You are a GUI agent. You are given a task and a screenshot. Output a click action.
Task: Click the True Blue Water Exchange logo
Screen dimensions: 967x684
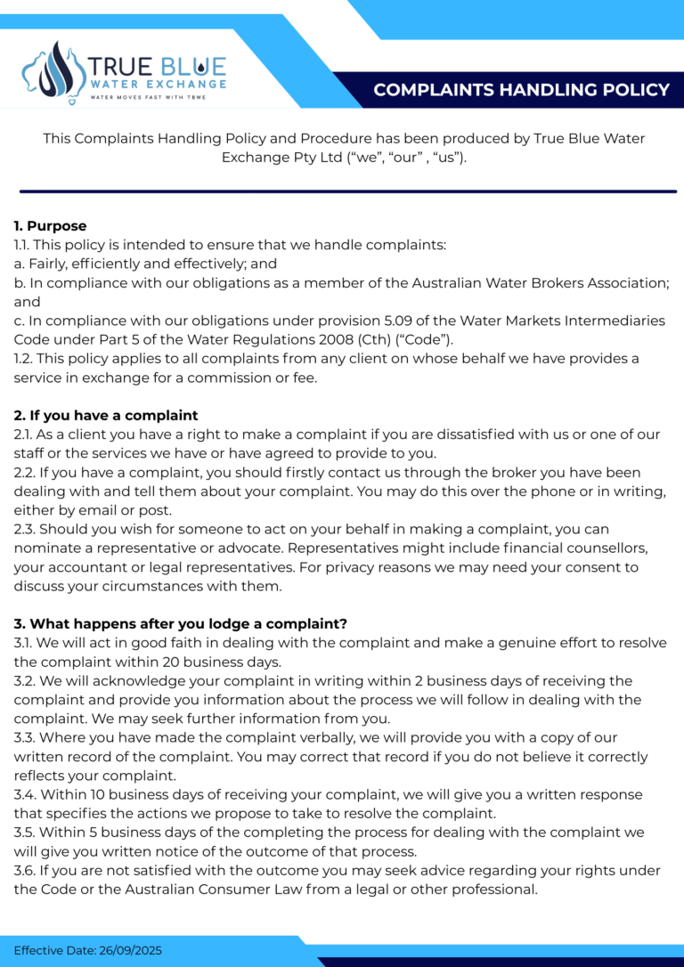(125, 72)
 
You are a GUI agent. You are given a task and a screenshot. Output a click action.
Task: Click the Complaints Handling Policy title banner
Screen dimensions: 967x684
(521, 90)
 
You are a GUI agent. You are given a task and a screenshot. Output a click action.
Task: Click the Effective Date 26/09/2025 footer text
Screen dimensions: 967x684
(88, 951)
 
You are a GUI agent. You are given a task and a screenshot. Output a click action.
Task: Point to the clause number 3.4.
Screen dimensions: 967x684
(25, 794)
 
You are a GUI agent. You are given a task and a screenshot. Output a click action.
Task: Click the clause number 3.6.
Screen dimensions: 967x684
(25, 870)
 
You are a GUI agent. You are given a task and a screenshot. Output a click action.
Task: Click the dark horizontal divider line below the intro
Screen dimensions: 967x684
(347, 191)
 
